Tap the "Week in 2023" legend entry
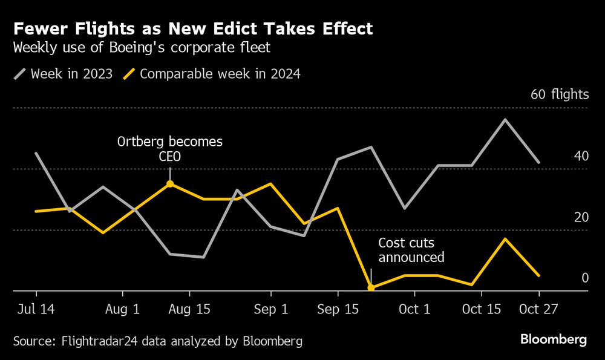point(63,74)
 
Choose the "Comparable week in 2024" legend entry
point(212,74)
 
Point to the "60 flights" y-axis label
point(559,94)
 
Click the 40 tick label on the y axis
point(581,156)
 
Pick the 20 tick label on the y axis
point(581,217)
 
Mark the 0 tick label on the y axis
point(584,278)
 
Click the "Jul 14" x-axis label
point(36,309)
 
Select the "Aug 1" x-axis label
point(123,309)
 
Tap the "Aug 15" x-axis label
point(190,309)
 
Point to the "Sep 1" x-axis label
point(271,309)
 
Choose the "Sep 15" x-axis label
point(338,309)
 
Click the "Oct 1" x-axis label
point(414,309)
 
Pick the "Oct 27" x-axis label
point(538,309)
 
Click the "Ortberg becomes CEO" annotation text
point(169,149)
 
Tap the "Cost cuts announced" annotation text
point(411,250)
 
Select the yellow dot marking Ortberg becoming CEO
point(170,184)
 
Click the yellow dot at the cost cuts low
point(371,287)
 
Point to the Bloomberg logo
point(554,339)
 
